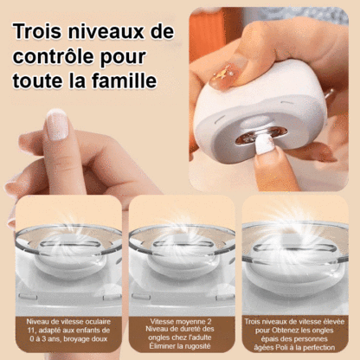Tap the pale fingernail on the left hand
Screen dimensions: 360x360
pyautogui.click(x=56, y=125)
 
